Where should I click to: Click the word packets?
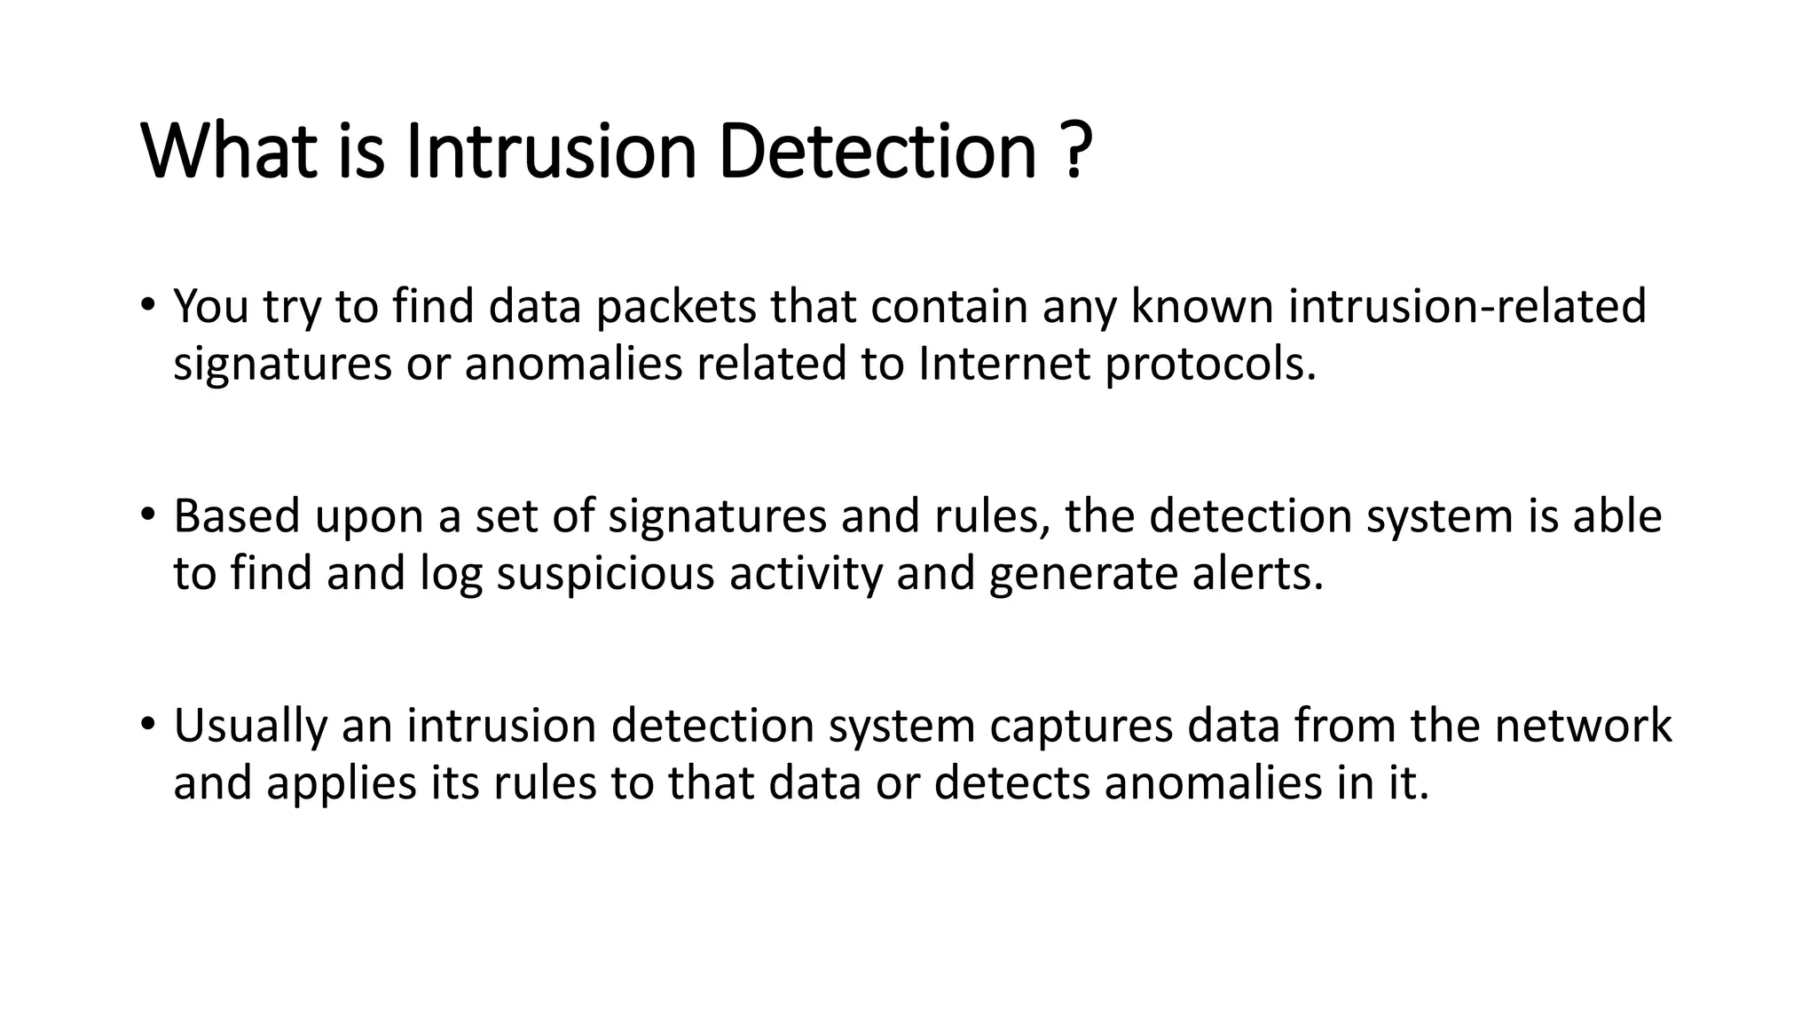pyautogui.click(x=675, y=306)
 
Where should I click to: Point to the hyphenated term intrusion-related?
pyautogui.click(x=1467, y=306)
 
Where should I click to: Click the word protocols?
pyautogui.click(x=1211, y=364)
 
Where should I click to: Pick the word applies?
pyautogui.click(x=342, y=783)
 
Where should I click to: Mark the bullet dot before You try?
pyautogui.click(x=147, y=305)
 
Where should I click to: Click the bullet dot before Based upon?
pyautogui.click(x=147, y=515)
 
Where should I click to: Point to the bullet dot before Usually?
pyautogui.click(x=147, y=724)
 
